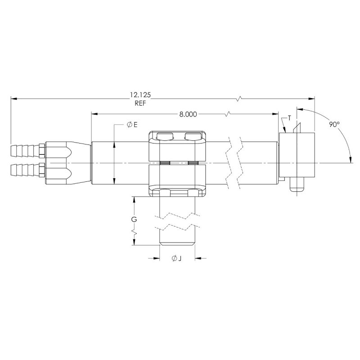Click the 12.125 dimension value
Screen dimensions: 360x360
tap(140, 95)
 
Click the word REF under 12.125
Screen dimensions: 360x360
tap(140, 103)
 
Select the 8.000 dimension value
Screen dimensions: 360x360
tap(188, 114)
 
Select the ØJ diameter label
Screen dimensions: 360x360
tap(176, 259)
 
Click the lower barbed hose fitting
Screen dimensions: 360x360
tap(25, 170)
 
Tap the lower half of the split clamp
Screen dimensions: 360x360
tap(177, 180)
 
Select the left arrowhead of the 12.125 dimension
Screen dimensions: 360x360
tap(14, 98)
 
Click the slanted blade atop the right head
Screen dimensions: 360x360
tap(295, 128)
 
